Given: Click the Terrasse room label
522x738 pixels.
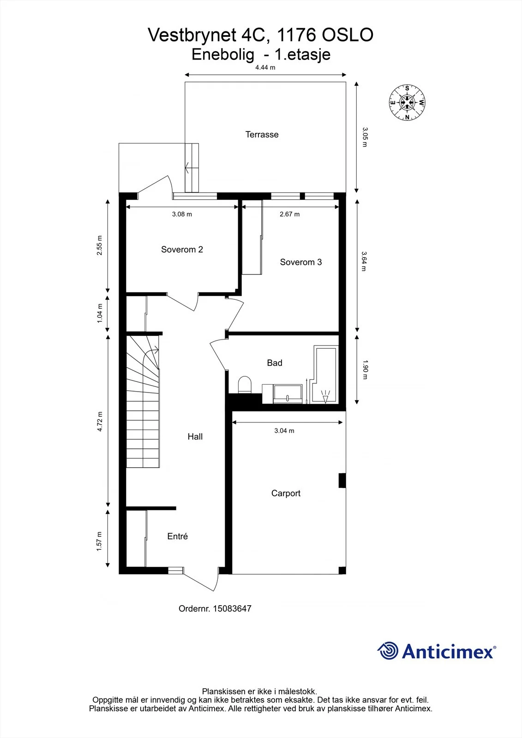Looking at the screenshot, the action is coord(262,134).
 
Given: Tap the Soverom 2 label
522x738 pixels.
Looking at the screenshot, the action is coord(182,250).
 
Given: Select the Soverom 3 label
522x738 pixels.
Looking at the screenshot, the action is coord(301,262).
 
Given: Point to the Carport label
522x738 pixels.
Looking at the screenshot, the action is coord(286,493).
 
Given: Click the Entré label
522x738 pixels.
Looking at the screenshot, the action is coord(177,536).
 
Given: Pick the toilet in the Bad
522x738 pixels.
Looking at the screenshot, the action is coord(245,385).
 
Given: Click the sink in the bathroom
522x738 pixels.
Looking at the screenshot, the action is coord(288,394).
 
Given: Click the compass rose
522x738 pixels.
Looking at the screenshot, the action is coord(407,102).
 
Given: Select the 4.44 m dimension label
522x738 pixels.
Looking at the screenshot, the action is coord(265,67).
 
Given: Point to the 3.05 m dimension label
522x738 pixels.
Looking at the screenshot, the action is coord(365,137).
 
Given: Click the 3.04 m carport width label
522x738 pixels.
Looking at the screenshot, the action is coord(284,431).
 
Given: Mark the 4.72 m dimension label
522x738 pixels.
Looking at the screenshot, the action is coord(100,422).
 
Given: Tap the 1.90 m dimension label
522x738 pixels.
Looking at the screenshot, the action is coord(365,369).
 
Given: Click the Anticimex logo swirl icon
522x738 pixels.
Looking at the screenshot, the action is coord(388,651).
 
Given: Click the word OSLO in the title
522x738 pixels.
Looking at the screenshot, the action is coord(347,35).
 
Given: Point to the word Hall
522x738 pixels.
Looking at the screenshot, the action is coord(195,436).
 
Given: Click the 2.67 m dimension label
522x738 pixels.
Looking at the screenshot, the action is coord(289,214).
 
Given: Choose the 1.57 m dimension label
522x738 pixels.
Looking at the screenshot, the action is coord(99,542).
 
